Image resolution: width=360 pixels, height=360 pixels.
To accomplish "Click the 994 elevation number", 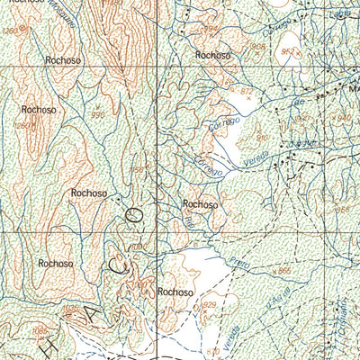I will pos(210,29).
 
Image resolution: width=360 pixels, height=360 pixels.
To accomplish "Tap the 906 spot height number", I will pos(256,47).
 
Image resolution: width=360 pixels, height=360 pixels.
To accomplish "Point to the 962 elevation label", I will pos(289,51).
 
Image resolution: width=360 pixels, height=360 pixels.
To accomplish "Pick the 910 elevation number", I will pos(263,137).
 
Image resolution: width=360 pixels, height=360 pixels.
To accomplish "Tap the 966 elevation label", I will pos(341,210).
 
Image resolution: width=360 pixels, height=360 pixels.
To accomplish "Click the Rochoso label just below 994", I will pos(213,56).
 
